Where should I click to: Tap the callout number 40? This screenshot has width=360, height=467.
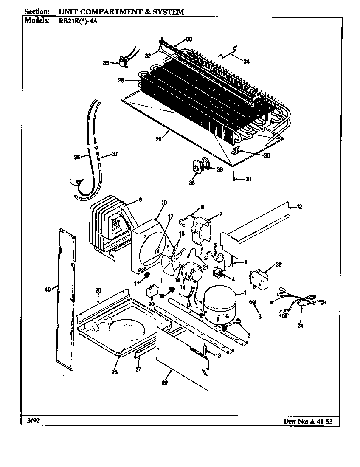[x=47, y=290]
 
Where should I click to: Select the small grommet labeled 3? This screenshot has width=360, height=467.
[x=253, y=302]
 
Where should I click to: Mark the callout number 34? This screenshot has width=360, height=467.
[x=247, y=62]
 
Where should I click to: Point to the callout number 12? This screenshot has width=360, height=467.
[x=300, y=207]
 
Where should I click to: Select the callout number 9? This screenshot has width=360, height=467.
[x=140, y=200]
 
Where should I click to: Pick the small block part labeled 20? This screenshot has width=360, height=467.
[x=152, y=292]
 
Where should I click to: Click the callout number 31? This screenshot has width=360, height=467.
[x=249, y=179]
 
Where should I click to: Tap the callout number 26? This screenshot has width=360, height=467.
[x=98, y=290]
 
